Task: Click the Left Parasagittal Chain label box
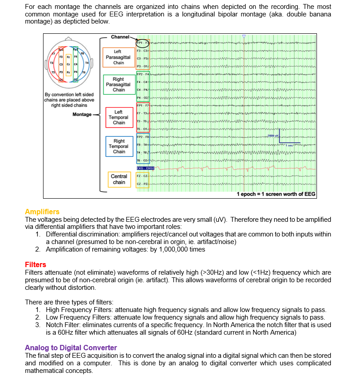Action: click(119, 57)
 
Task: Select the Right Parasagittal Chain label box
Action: click(119, 84)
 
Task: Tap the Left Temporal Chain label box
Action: click(119, 117)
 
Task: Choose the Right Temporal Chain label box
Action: click(119, 146)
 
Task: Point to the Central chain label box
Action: click(119, 179)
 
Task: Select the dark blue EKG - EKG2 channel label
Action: click(145, 168)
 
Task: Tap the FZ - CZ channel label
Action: click(142, 176)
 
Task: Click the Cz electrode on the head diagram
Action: click(68, 64)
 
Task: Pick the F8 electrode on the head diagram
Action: click(82, 53)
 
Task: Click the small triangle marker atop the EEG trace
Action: click(244, 37)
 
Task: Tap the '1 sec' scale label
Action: click(289, 145)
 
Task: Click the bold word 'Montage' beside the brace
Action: click(82, 115)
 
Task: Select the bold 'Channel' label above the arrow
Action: click(120, 36)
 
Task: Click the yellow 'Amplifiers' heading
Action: click(42, 212)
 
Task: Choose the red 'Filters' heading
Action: click(36, 265)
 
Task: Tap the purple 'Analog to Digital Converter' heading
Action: click(71, 348)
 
